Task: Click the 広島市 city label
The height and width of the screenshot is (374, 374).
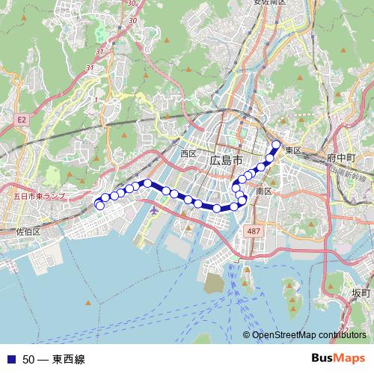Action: pos(226,161)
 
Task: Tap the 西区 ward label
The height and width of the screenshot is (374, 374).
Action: pos(188,153)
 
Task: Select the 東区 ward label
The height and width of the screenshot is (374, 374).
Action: pos(292,150)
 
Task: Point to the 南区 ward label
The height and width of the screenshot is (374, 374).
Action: pos(263,191)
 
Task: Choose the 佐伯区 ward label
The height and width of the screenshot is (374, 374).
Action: pos(28,232)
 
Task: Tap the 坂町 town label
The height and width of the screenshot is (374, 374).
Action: pos(361,292)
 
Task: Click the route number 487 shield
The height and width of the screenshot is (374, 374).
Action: pos(254,231)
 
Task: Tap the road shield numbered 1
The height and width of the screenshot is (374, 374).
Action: pos(97,98)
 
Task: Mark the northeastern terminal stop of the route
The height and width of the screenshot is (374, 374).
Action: pos(276,145)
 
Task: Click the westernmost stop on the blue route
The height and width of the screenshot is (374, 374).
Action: pos(99,205)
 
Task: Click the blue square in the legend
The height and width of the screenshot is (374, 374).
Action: pos(11,359)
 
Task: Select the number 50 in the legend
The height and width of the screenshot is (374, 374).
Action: pos(29,359)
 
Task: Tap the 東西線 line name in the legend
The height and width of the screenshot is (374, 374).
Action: pos(69,359)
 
